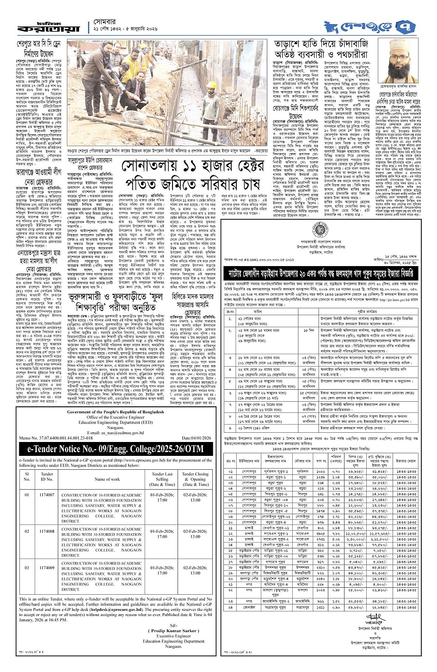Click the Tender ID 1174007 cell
point(47,495)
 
